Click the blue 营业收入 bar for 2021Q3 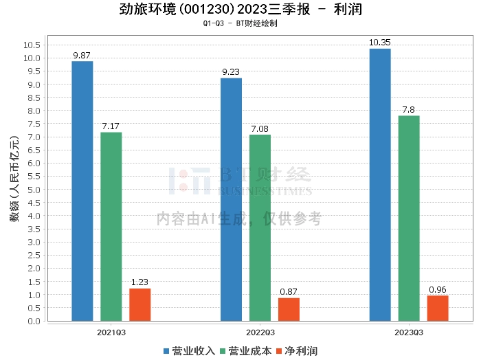pos(82,191)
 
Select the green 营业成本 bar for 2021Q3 pos(111,227)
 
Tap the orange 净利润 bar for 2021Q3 pos(139,305)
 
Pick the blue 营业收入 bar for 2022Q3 pos(231,199)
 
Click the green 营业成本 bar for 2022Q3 pos(260,227)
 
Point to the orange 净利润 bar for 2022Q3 pos(289,309)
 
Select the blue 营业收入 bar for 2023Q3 pos(380,185)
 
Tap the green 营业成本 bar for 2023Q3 pos(409,218)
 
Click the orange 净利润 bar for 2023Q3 pos(438,308)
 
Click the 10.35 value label pos(380,43)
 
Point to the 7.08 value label pos(260,128)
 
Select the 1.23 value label pos(139,282)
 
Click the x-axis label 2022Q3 pos(260,331)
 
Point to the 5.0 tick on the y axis pos(34,190)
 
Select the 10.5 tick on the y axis pos(32,45)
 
